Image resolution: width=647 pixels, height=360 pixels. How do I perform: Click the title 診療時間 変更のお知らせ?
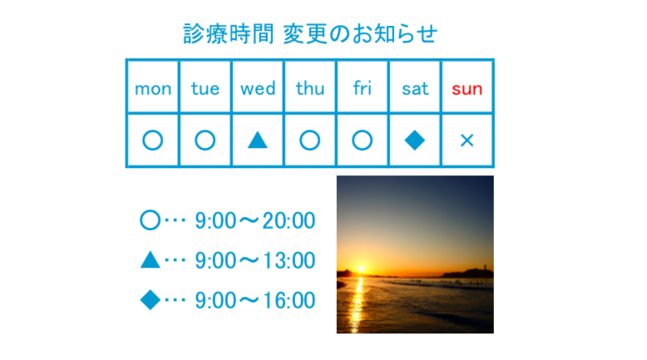[310, 34]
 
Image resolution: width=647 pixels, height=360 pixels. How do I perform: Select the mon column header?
[153, 89]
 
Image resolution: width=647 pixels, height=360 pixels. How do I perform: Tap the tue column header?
[205, 88]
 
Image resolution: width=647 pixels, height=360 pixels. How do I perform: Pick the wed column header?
[258, 88]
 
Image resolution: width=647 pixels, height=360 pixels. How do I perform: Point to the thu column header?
[310, 88]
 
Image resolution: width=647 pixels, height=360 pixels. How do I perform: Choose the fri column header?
[363, 88]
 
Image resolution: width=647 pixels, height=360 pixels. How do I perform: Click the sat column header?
[415, 89]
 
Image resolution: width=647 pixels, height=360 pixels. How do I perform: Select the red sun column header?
[467, 89]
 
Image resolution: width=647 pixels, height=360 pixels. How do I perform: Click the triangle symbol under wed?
[258, 141]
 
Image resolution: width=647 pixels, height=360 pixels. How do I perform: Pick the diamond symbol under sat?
[415, 141]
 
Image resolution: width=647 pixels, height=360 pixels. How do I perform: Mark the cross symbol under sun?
[467, 141]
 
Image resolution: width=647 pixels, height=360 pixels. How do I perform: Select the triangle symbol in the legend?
[151, 259]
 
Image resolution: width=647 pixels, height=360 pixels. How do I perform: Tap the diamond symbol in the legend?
[151, 300]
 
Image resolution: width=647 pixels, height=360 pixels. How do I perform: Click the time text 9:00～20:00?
[255, 220]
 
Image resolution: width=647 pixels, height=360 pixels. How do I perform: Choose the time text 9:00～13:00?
[255, 260]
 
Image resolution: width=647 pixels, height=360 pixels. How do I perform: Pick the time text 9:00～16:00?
[255, 300]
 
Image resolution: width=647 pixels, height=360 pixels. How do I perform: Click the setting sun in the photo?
[361, 269]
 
